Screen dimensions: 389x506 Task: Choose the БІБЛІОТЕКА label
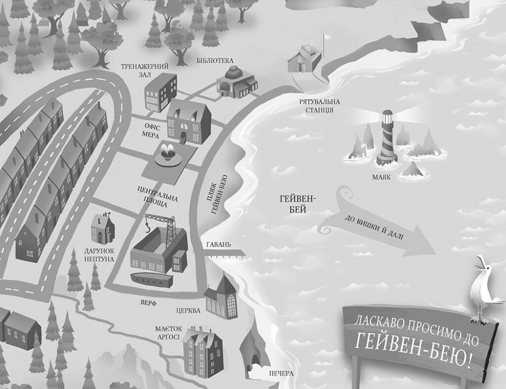coord(215,61)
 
